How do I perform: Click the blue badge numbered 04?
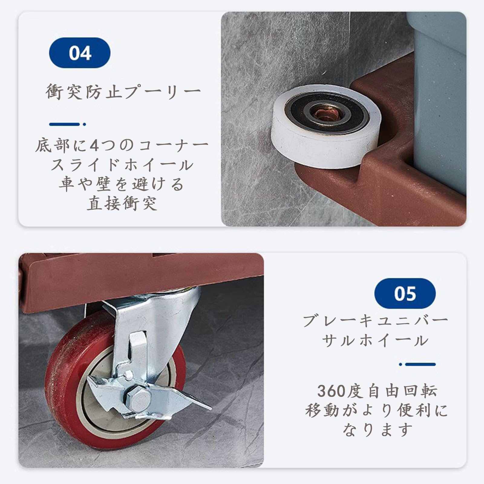pos(80,53)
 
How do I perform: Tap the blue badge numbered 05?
pos(405,293)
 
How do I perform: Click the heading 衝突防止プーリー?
pos(123,92)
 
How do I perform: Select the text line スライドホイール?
pos(122,165)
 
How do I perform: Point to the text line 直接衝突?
pos(122,203)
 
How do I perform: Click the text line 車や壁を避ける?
pos(122,184)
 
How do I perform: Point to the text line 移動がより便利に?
pos(377,410)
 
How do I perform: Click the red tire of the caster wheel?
pos(60,393)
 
